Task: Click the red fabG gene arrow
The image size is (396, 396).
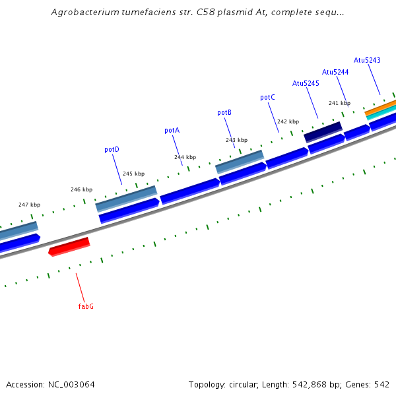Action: tap(69, 246)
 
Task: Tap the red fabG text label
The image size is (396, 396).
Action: tap(86, 306)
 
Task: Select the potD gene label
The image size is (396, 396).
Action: tap(112, 149)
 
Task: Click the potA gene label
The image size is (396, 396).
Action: tap(172, 131)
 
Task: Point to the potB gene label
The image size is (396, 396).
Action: tap(224, 113)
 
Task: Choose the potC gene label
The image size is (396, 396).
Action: tap(267, 98)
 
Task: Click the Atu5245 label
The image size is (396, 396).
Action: tap(306, 83)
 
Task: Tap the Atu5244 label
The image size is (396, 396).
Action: tap(335, 72)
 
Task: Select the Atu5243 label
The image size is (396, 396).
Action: tap(367, 60)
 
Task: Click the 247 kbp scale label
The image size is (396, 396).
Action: tap(29, 205)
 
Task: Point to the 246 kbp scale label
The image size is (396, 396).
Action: tap(81, 189)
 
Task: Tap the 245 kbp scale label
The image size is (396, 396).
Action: tap(133, 174)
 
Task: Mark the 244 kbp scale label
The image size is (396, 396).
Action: tap(185, 157)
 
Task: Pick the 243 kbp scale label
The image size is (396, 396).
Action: tap(236, 140)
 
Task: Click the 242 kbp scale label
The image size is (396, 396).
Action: tap(288, 121)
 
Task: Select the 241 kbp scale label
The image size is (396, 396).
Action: tap(339, 103)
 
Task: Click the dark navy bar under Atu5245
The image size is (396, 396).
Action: tap(323, 131)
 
